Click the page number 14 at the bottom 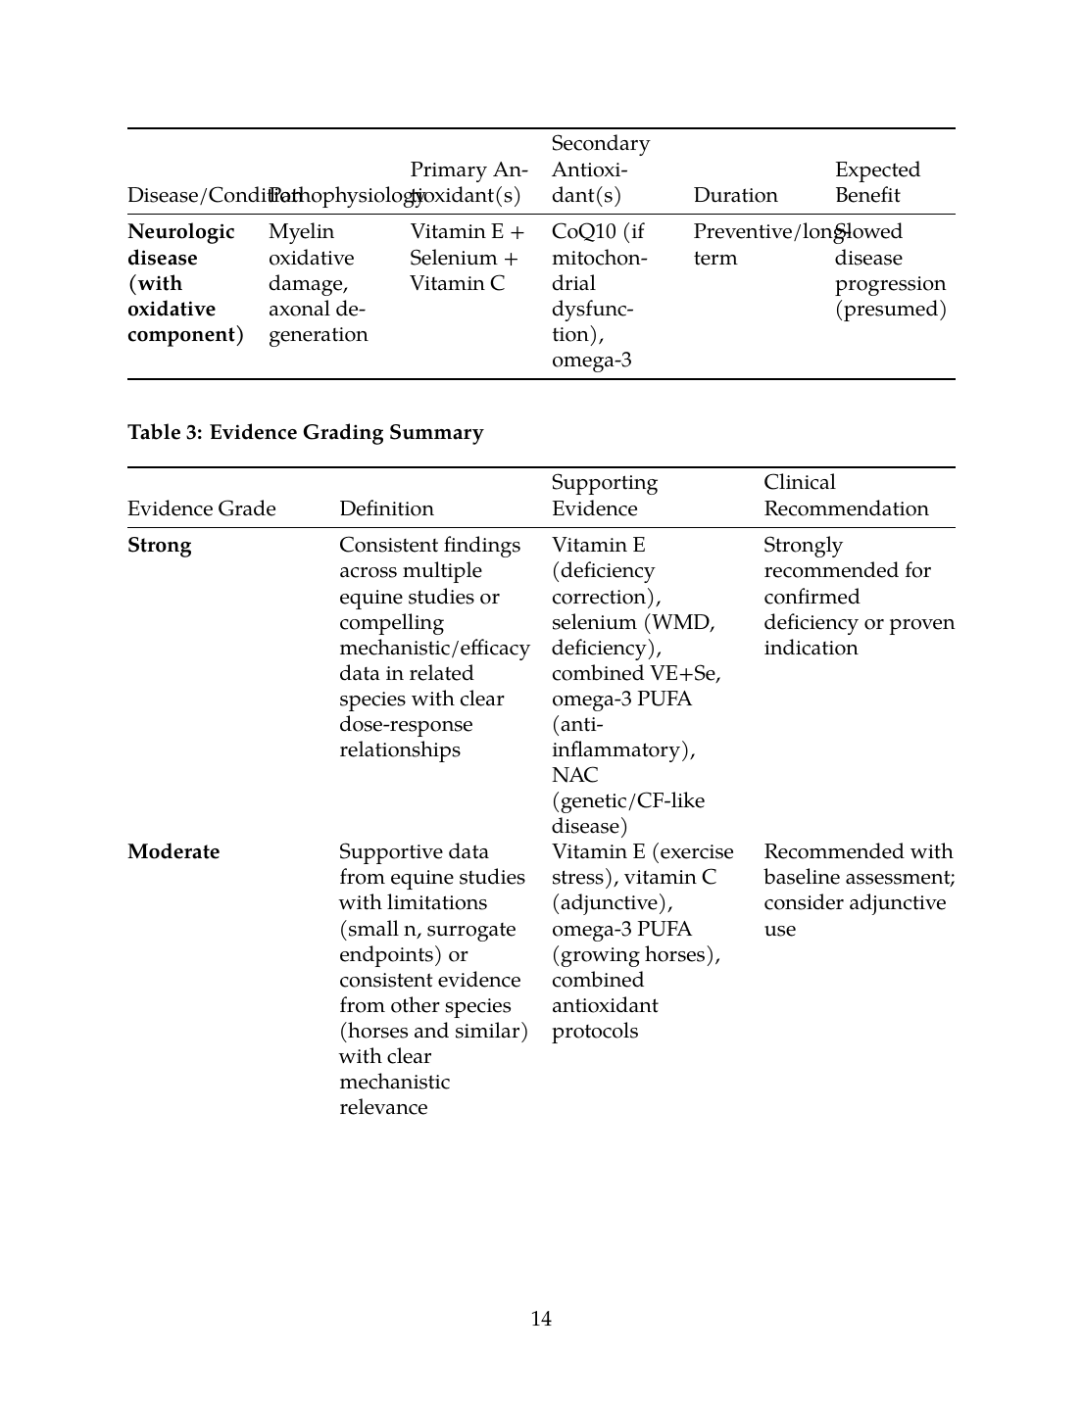point(541,1319)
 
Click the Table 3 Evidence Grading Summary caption point(305,432)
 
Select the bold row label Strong point(159,546)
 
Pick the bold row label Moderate point(173,851)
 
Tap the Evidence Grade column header point(201,508)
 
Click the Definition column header point(386,508)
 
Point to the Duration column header point(735,195)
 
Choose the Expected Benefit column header point(877,182)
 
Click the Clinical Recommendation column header point(845,496)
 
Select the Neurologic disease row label point(181,245)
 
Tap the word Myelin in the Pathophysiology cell point(301,232)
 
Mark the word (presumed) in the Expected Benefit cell point(890,310)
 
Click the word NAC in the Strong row point(574,775)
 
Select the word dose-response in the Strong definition point(406,724)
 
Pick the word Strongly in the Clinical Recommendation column point(803,546)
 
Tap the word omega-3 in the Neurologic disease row point(591,361)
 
